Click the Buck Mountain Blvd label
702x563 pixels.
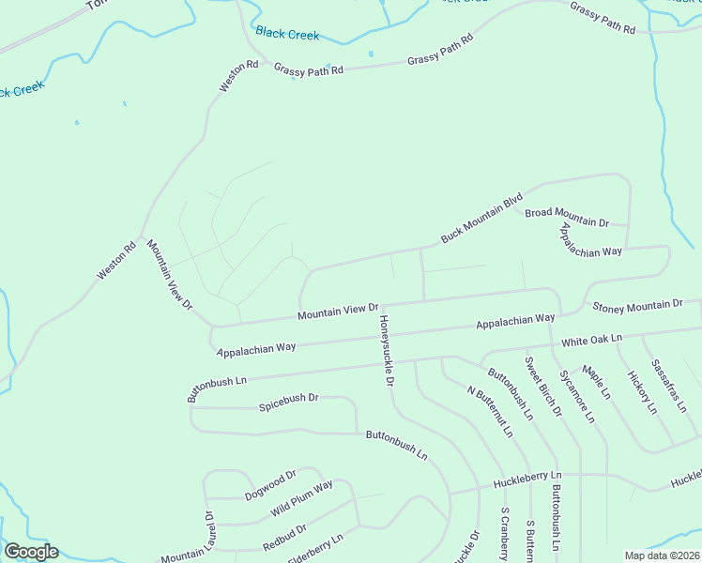point(481,219)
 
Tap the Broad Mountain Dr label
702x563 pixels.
point(567,217)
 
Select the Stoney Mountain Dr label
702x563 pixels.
point(637,305)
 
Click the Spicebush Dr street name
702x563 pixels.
point(289,397)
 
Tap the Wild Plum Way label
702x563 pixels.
point(302,498)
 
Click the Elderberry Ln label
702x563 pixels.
point(314,546)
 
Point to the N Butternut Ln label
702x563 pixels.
point(491,410)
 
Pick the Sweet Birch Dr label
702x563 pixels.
point(542,387)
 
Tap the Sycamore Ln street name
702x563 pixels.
point(577,395)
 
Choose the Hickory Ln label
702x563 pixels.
point(642,391)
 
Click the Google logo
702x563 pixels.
point(31,552)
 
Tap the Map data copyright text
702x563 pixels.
point(663,555)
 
